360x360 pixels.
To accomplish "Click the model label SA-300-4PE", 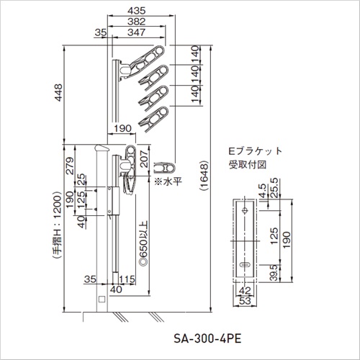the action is [x=207, y=338].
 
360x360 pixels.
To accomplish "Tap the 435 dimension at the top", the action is [x=136, y=11].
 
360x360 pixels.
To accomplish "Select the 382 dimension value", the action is [x=136, y=22].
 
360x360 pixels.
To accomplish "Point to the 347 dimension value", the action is [x=136, y=32].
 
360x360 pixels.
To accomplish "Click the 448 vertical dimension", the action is [x=58, y=93].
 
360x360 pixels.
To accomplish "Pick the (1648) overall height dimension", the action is [x=204, y=176].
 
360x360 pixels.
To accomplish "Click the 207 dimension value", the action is [x=144, y=158].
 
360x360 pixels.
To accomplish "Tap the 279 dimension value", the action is [x=70, y=166].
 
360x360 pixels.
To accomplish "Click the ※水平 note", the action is [x=168, y=181].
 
